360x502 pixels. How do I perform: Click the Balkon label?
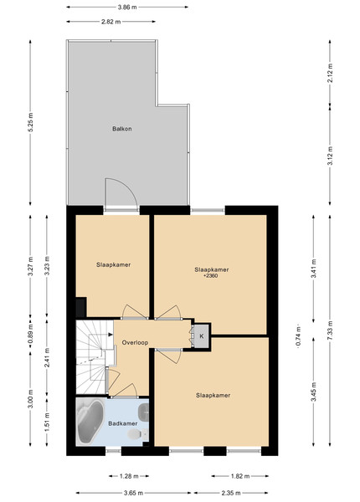tap(122, 129)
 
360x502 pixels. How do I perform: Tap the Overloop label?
tap(135, 342)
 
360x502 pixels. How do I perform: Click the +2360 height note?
tap(211, 275)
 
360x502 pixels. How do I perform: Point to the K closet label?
tap(202, 336)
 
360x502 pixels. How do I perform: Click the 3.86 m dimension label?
tap(127, 7)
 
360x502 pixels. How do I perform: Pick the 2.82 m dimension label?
tap(111, 22)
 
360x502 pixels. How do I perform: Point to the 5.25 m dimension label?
tap(30, 122)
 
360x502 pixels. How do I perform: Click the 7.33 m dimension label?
tap(330, 330)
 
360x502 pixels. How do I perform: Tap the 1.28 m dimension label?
tap(129, 476)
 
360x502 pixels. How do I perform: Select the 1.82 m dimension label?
tap(240, 476)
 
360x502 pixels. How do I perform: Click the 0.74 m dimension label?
tap(299, 336)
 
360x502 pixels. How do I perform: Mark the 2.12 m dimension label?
tap(330, 73)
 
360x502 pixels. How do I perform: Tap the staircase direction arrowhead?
tap(111, 335)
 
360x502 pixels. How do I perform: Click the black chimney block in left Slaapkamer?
tap(81, 307)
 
